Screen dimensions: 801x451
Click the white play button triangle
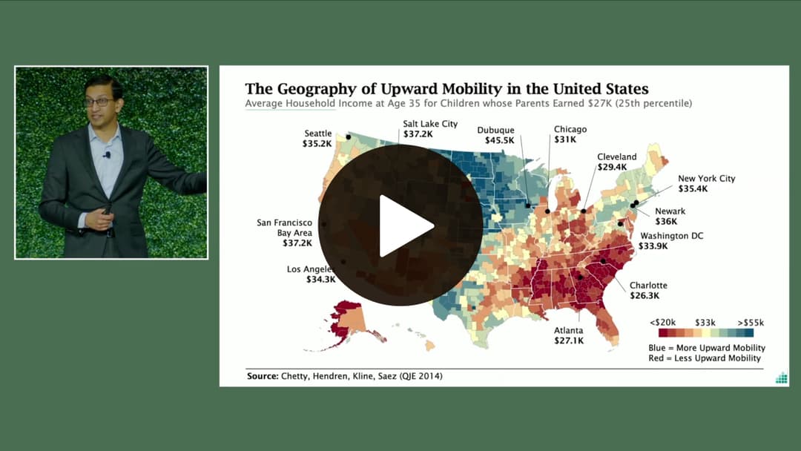pos(405,225)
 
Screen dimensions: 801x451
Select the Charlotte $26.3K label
pos(648,290)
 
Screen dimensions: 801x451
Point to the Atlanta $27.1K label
pos(569,335)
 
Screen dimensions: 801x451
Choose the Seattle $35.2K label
pos(317,139)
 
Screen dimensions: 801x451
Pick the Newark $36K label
pos(670,216)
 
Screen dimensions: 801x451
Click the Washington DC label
pos(671,241)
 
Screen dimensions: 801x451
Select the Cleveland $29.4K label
pos(616,162)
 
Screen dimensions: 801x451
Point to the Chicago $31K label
pos(570,134)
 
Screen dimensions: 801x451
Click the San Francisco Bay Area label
pos(284,232)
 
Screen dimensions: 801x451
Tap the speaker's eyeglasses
pos(99,102)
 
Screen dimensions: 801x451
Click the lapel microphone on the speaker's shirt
pos(107,155)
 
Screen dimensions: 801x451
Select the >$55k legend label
pos(750,323)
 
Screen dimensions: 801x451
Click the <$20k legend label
pos(662,323)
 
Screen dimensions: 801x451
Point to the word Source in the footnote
pos(262,376)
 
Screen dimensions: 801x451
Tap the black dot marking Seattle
pos(348,136)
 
